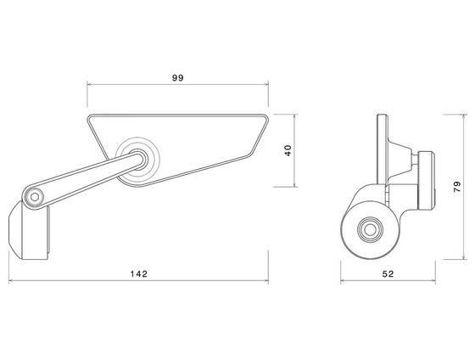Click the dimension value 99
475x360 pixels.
(x=177, y=77)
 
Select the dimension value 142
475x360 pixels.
(x=140, y=273)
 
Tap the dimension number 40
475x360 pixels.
(x=288, y=149)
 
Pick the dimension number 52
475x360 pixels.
(x=388, y=273)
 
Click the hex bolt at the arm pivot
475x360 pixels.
(x=33, y=197)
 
